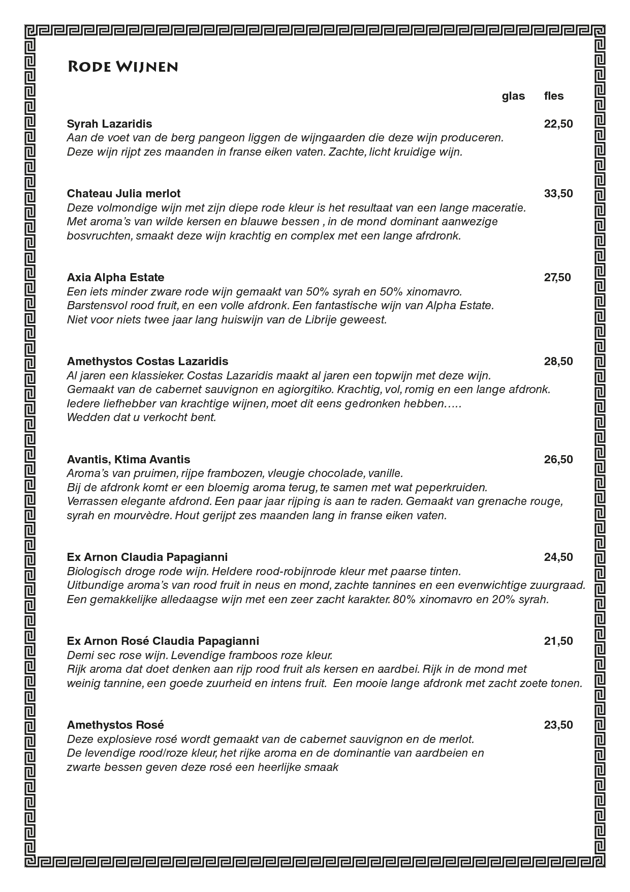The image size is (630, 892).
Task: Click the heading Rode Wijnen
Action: click(122, 67)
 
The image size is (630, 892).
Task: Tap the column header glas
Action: click(513, 96)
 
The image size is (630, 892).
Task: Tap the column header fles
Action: click(554, 96)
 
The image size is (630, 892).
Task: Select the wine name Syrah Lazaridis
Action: click(109, 124)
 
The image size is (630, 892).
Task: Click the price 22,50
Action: click(558, 124)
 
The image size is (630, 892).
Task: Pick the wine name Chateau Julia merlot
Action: click(123, 193)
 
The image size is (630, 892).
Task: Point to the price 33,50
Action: click(558, 193)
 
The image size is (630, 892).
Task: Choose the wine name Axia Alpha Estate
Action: click(115, 277)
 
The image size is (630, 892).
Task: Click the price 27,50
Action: click(557, 277)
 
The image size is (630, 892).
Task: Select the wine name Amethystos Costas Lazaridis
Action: click(147, 361)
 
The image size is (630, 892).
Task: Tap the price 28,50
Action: click(558, 361)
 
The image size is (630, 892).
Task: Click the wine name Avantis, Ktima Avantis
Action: click(129, 459)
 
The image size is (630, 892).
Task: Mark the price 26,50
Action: click(558, 459)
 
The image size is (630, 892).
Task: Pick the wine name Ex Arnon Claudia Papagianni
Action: click(147, 557)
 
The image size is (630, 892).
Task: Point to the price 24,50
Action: click(558, 557)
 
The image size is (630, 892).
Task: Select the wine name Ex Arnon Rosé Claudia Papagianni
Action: click(163, 641)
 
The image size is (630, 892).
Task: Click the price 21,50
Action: click(558, 641)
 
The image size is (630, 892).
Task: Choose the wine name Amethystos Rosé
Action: click(115, 725)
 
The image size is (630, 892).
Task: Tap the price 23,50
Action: click(558, 725)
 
